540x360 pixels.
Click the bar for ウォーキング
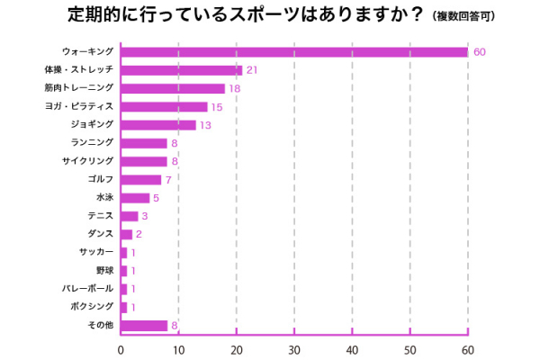tap(293, 52)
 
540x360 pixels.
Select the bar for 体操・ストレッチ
tap(181, 70)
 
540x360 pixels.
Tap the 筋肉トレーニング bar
tap(172, 88)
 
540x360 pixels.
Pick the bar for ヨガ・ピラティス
tap(164, 107)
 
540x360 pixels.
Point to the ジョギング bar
tap(157, 125)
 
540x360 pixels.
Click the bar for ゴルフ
tap(140, 180)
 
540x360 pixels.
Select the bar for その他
tap(143, 326)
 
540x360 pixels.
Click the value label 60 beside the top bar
tap(480, 52)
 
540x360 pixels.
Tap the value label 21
tap(253, 70)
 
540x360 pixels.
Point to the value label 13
tap(206, 125)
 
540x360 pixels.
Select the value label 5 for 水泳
tap(156, 198)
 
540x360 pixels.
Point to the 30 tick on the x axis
tap(294, 349)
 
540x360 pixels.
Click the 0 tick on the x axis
tap(121, 349)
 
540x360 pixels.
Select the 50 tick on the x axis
tap(410, 349)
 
